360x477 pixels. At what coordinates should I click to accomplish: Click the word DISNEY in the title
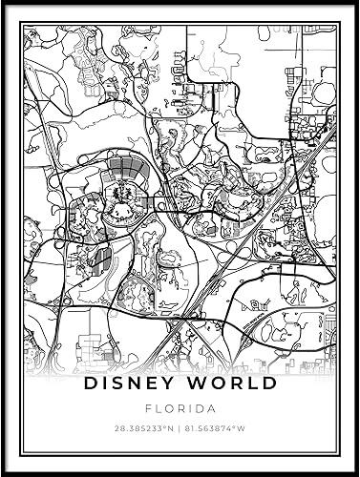click(133, 384)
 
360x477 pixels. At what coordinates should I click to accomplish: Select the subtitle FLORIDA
click(180, 407)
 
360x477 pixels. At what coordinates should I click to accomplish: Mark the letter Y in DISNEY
click(175, 384)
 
